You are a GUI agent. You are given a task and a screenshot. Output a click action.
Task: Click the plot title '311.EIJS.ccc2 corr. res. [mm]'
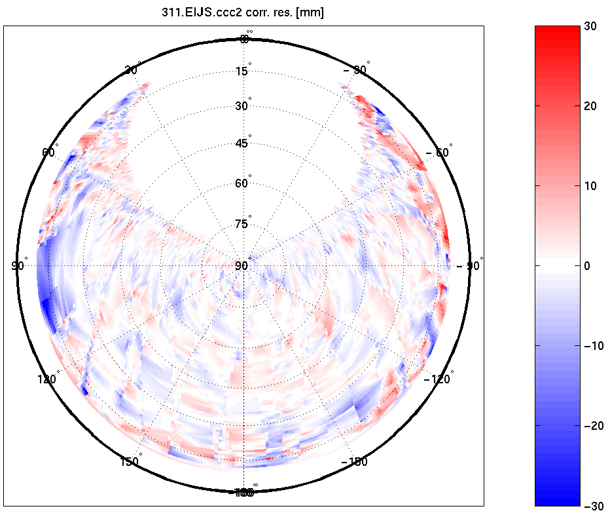point(243,12)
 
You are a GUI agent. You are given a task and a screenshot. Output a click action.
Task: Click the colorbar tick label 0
point(587,266)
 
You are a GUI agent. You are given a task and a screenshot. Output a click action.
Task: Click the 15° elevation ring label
point(242,71)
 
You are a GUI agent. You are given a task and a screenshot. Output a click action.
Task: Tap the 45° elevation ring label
point(242,143)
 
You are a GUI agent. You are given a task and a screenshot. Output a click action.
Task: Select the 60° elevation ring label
point(242,183)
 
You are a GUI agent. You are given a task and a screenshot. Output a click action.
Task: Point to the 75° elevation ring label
point(242,224)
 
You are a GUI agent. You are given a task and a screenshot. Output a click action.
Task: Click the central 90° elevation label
point(242,265)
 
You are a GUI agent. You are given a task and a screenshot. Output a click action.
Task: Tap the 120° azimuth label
point(48,379)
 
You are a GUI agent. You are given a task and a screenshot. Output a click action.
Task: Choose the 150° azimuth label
point(130,461)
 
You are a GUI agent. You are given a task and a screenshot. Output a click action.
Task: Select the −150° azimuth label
point(355,461)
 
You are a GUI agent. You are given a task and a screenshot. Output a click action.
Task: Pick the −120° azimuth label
point(437,379)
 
